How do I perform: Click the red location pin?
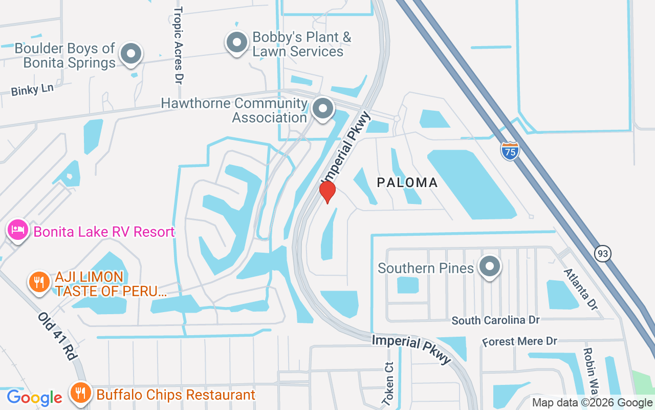(x=327, y=192)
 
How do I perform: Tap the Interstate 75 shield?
(x=510, y=151)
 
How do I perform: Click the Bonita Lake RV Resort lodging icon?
(x=18, y=231)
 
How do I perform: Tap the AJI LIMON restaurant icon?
(x=39, y=282)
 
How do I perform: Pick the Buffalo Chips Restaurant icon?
(x=80, y=394)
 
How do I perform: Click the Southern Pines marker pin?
(x=490, y=266)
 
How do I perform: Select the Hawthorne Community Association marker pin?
(x=323, y=109)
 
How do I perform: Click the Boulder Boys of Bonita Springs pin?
(x=131, y=53)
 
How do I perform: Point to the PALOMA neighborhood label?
(x=407, y=182)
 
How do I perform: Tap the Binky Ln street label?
(x=32, y=90)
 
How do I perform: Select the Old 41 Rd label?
(x=56, y=336)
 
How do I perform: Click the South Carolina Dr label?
(x=495, y=320)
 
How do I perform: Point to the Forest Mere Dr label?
(x=519, y=341)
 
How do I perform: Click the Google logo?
(x=34, y=398)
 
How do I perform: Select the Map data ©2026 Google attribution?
(x=592, y=403)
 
